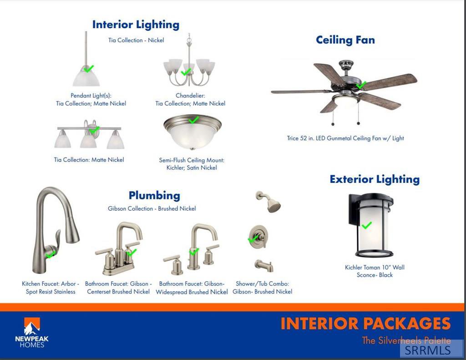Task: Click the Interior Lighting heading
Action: tap(136, 25)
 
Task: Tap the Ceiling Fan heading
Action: tap(345, 40)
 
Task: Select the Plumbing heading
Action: tap(154, 195)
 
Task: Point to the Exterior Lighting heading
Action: tap(375, 179)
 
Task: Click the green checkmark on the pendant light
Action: tap(88, 69)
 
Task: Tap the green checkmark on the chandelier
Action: tap(186, 71)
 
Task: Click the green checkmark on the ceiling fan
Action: tap(361, 85)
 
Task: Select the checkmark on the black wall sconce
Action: tap(366, 225)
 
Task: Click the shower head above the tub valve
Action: tap(268, 202)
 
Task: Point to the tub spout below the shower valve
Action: tap(264, 265)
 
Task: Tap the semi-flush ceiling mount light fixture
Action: tap(192, 132)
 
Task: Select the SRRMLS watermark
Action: tap(427, 350)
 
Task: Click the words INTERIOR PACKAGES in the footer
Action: tap(365, 324)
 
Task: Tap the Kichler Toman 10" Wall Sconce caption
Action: tap(375, 271)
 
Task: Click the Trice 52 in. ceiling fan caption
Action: tap(345, 138)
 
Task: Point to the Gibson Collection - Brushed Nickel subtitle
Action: tap(152, 208)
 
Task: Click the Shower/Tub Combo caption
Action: tap(263, 288)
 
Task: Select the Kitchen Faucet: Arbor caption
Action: tap(51, 288)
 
